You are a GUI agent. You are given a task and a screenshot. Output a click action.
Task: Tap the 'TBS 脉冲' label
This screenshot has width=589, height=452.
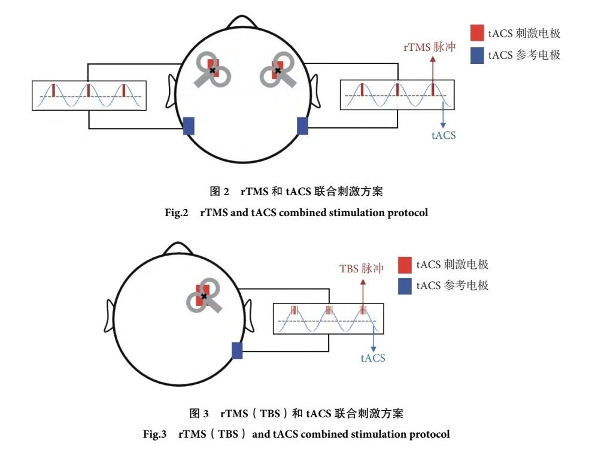pos(362,269)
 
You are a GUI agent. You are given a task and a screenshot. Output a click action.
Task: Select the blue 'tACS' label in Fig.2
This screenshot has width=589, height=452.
pos(444,135)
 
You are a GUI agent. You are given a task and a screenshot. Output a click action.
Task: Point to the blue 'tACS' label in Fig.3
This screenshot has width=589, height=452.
pos(373,358)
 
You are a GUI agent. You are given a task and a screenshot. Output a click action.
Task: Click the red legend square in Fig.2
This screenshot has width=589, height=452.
pos(476,34)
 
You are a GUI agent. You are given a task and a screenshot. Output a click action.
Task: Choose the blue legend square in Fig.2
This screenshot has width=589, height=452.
pos(476,55)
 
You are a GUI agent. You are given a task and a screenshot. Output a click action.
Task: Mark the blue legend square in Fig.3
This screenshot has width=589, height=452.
pos(405,286)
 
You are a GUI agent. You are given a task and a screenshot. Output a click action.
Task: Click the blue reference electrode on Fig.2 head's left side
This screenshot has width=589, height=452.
pos(189,126)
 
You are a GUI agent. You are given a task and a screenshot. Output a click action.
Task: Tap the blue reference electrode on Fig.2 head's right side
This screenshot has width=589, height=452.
pos(302,126)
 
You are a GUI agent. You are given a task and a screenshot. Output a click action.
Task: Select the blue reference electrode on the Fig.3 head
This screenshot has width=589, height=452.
pos(237,350)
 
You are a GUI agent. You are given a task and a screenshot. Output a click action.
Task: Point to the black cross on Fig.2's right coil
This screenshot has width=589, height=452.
pos(277,71)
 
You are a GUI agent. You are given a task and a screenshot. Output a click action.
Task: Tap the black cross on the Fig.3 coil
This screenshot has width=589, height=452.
pos(204,296)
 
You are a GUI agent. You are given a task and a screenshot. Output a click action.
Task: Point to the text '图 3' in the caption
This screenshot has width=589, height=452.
pos(199,413)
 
